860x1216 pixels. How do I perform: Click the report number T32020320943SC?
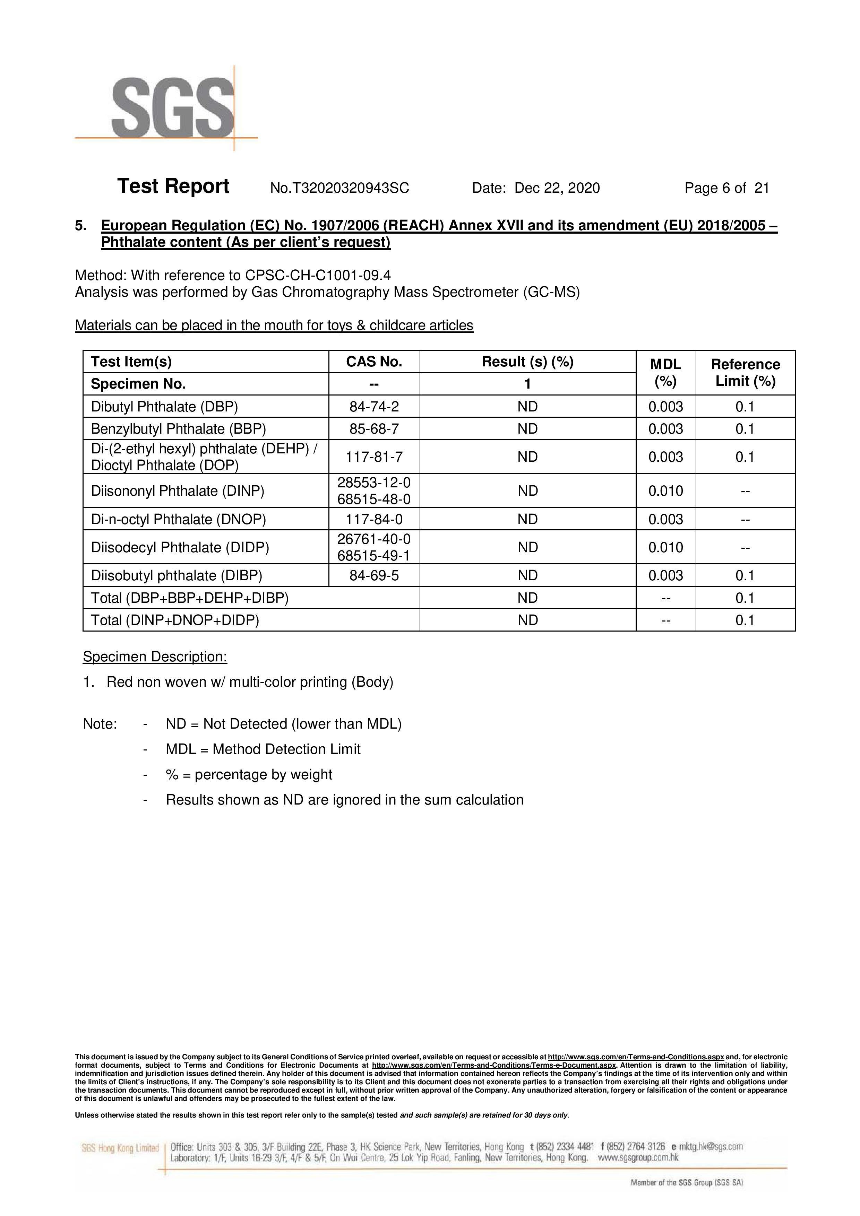pos(339,188)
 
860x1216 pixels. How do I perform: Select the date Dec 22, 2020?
pos(557,188)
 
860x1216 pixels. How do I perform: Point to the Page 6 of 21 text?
pos(726,188)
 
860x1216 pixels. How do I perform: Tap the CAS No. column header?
pos(374,362)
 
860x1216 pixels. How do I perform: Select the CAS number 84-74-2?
pos(374,407)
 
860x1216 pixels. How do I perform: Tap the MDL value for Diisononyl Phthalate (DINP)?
pos(665,491)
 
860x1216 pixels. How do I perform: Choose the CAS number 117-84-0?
pos(374,519)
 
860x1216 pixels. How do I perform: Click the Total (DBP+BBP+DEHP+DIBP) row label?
pos(190,598)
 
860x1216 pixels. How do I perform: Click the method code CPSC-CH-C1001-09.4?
pos(318,275)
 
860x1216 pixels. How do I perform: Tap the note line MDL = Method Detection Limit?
pos(263,749)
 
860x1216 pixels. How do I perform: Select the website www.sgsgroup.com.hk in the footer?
pos(638,1158)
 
